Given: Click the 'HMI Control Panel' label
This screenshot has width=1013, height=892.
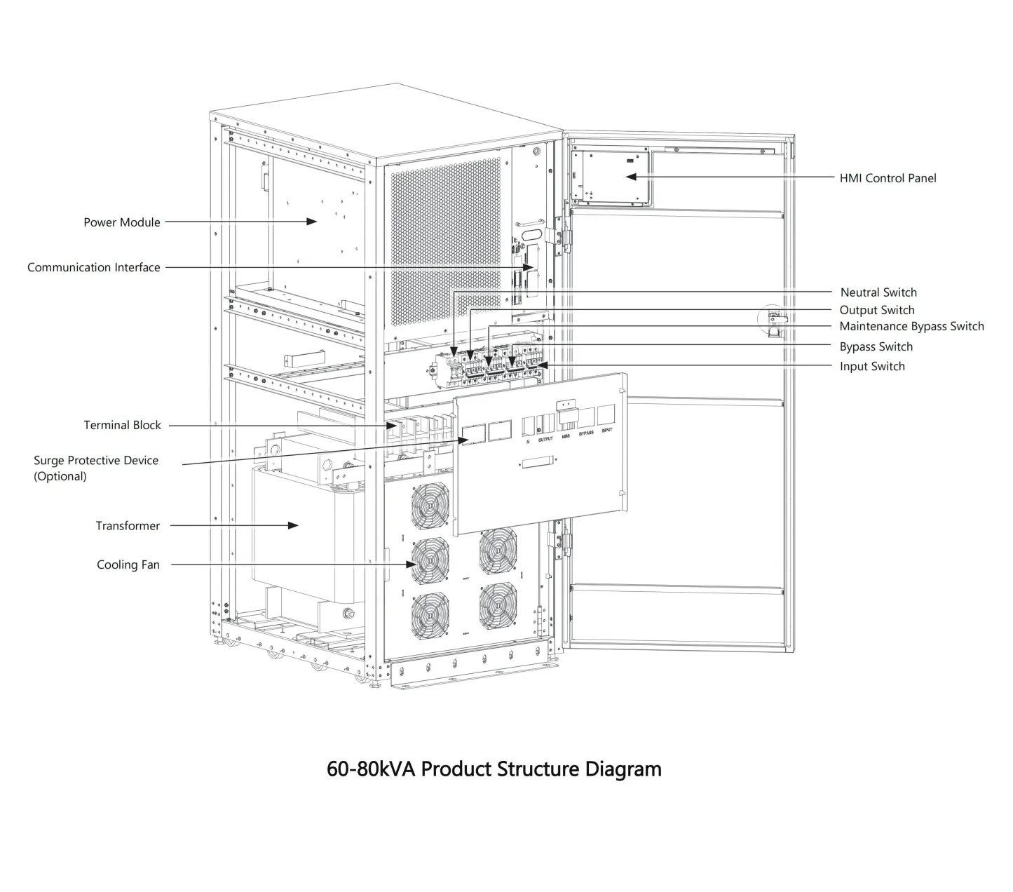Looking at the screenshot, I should click(x=888, y=178).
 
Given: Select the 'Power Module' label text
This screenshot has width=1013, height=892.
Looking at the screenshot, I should click(x=122, y=222).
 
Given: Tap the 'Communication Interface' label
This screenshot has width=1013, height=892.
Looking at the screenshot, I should click(x=93, y=267).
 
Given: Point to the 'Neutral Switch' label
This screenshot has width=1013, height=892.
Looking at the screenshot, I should click(x=878, y=292).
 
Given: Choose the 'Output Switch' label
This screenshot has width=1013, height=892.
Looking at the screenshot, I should click(x=876, y=310).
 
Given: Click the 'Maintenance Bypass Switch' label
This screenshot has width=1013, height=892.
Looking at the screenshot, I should click(x=911, y=326).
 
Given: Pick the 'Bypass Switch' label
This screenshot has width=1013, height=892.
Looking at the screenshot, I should click(x=876, y=346).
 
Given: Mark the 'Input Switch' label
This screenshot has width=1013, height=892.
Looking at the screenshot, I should click(x=872, y=366).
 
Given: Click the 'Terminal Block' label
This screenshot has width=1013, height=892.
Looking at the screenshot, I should click(x=122, y=425).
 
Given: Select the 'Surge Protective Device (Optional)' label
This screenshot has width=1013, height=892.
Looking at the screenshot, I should click(x=96, y=468).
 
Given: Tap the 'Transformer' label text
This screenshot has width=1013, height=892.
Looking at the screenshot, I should click(x=128, y=526).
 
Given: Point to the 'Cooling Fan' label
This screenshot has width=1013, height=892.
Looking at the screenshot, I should click(x=128, y=565).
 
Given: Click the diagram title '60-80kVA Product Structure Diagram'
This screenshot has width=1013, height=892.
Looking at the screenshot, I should click(x=494, y=769).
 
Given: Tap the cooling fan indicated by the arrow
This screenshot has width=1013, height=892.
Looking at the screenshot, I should click(x=430, y=562).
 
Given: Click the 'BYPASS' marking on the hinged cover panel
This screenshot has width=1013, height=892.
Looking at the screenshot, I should click(x=586, y=433).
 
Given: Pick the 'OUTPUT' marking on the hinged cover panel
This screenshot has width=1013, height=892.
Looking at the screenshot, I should click(x=545, y=439).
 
